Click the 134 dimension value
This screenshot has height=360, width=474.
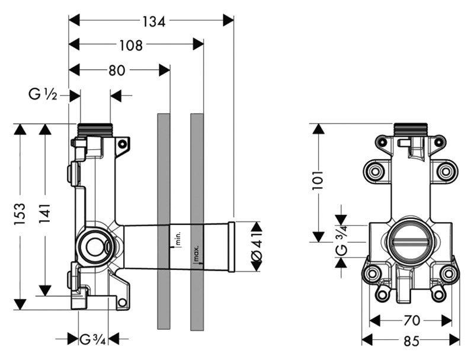pyautogui.click(x=153, y=21)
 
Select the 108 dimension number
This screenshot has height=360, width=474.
pyautogui.click(x=131, y=46)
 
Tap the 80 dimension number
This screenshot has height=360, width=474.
pyautogui.click(x=117, y=70)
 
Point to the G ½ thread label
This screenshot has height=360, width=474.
pyautogui.click(x=43, y=94)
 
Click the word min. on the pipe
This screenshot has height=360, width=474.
pyautogui.click(x=177, y=240)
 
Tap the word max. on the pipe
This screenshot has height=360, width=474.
pyautogui.click(x=196, y=253)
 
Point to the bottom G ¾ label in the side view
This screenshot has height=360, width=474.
pyautogui.click(x=94, y=339)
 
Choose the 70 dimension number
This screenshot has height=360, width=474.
pyautogui.click(x=412, y=320)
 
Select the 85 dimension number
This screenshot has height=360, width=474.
pyautogui.click(x=412, y=340)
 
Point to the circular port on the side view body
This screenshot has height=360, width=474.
pyautogui.click(x=93, y=244)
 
